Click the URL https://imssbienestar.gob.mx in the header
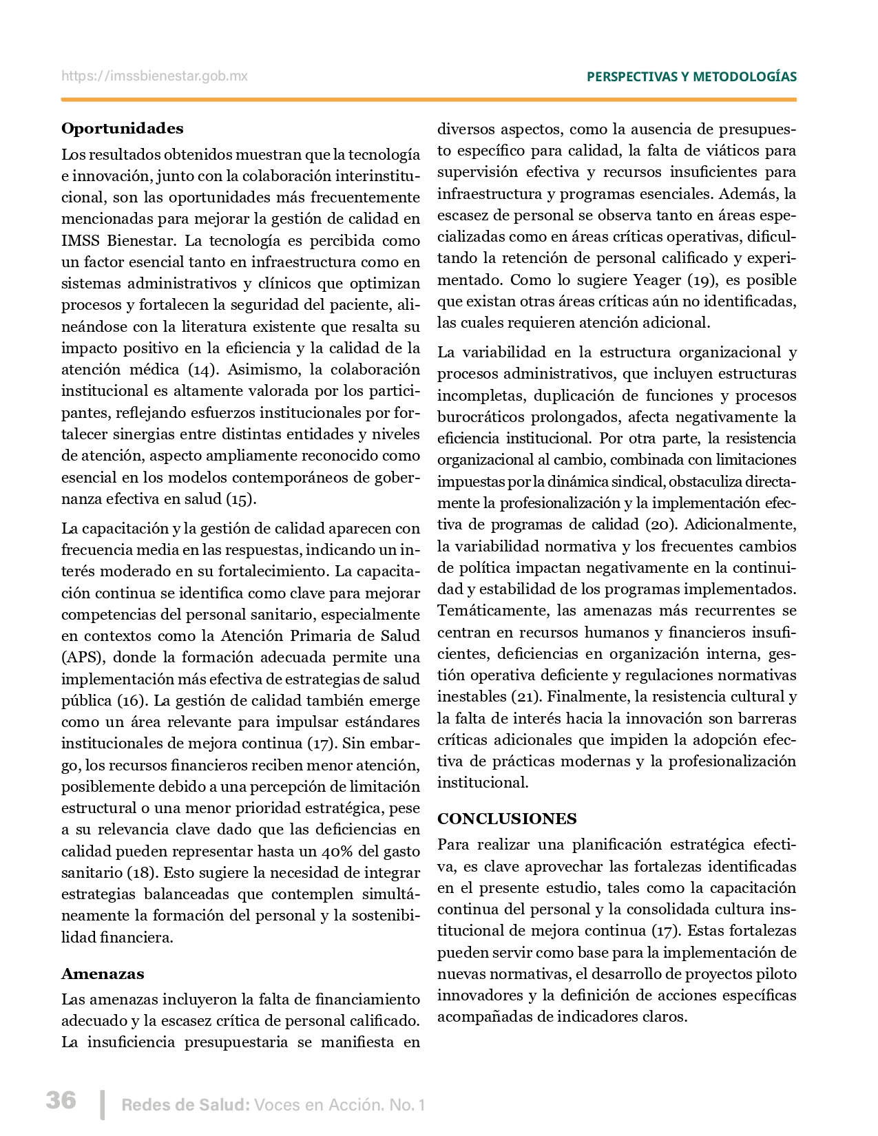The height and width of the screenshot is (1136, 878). point(154,76)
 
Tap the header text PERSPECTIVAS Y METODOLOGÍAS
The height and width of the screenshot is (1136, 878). point(691,77)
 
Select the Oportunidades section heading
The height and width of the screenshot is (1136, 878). point(123,129)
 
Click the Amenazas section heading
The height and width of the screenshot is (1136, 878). point(103,974)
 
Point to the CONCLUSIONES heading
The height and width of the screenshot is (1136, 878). point(507,819)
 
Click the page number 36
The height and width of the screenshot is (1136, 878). point(61,1100)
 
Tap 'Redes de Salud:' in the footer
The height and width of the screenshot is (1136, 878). point(185,1106)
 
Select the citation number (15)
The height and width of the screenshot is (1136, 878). point(241,499)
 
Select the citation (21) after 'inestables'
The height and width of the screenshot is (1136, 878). point(525,697)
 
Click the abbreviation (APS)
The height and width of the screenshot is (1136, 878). point(82,658)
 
